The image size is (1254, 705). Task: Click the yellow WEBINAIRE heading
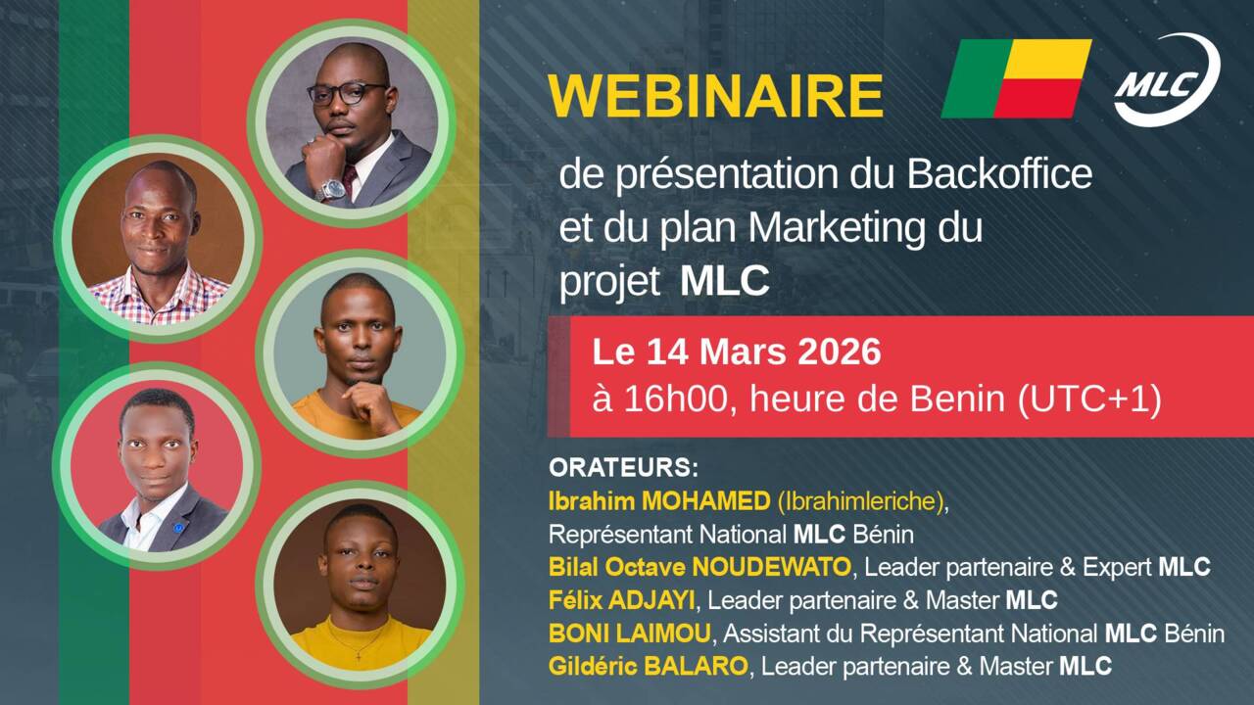(715, 96)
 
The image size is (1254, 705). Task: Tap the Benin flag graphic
(1016, 78)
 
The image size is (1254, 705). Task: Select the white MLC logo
(1167, 79)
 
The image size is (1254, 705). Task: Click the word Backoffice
(999, 174)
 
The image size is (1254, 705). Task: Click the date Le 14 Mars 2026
(737, 352)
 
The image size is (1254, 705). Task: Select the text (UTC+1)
(1089, 399)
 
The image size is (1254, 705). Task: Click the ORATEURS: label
(624, 468)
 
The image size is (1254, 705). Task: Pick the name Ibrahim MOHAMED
(659, 500)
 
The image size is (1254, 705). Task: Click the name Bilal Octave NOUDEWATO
(699, 567)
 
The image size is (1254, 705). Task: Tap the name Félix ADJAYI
(622, 600)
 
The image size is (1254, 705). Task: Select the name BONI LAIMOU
(629, 634)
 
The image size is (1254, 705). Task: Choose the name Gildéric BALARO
(649, 667)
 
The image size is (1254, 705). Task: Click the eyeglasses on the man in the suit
(348, 93)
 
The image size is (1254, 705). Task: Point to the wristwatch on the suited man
(332, 189)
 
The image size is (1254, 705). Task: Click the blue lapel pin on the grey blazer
(178, 527)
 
